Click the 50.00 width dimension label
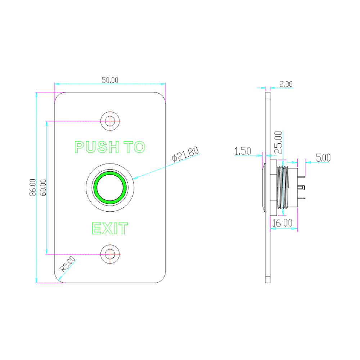[110, 80]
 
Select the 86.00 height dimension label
[33, 187]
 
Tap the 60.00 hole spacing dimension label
[43, 187]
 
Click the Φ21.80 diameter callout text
[185, 154]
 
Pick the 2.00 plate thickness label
[286, 84]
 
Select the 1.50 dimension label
[242, 151]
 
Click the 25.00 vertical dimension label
[279, 142]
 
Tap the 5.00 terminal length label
[323, 158]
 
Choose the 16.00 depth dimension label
[282, 223]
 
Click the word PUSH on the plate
[96, 147]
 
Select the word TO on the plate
[134, 147]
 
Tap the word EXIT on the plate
[110, 228]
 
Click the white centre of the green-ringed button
[110, 188]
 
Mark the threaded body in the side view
[283, 187]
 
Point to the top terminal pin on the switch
[301, 177]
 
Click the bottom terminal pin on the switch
[301, 198]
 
